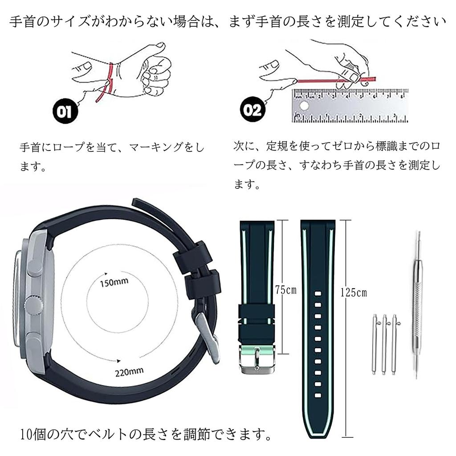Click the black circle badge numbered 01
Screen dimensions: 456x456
pos(65,111)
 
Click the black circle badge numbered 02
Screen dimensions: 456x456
pos(252,110)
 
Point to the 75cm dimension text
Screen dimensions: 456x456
pos(285,290)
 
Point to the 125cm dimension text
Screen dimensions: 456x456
pos(354,293)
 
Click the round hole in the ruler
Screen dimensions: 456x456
pos(304,107)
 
